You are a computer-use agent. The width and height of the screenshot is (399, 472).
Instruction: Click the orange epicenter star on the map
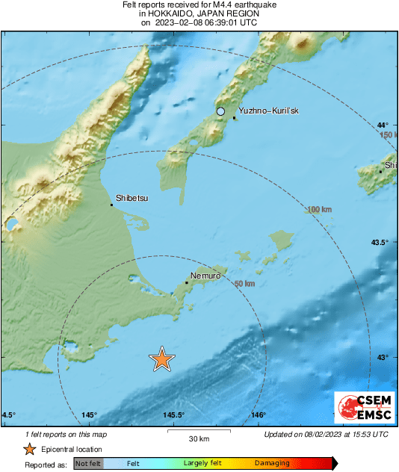pyautogui.click(x=161, y=359)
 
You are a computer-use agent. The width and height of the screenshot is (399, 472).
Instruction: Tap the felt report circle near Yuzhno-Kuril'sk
pyautogui.click(x=220, y=111)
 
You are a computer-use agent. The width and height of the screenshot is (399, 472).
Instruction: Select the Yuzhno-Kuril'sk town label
pyautogui.click(x=268, y=111)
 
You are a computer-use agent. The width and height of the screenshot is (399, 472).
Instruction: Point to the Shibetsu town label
pyautogui.click(x=132, y=199)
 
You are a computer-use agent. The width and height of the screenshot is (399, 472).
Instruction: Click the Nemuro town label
pyautogui.click(x=206, y=276)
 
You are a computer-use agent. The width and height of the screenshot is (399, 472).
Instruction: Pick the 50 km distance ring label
pyautogui.click(x=245, y=284)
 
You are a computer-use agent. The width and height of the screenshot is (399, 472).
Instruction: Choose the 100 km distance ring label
pyautogui.click(x=319, y=210)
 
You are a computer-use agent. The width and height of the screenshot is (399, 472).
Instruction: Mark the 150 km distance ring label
pyautogui.click(x=388, y=135)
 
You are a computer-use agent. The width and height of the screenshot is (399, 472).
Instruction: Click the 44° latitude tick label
pyautogui.click(x=383, y=125)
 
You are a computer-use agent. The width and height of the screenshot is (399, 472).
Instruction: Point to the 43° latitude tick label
pyautogui.click(x=383, y=358)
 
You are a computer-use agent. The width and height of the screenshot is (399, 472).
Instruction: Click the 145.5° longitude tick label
pyautogui.click(x=174, y=415)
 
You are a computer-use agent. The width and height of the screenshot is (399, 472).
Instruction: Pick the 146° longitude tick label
pyautogui.click(x=259, y=415)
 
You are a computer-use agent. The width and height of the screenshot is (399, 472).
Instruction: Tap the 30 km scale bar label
pyautogui.click(x=199, y=438)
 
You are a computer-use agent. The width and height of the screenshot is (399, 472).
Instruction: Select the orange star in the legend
pyautogui.click(x=29, y=450)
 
